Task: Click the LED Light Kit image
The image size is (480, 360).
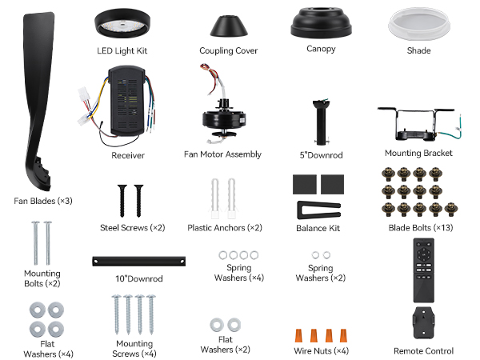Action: click(122, 24)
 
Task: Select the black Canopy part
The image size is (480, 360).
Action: click(321, 23)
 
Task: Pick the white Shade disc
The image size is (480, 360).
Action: click(418, 25)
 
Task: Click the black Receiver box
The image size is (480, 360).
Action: click(127, 101)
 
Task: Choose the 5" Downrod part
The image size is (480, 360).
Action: click(321, 122)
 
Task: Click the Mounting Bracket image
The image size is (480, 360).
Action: click(419, 124)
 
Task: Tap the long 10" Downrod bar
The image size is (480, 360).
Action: click(138, 261)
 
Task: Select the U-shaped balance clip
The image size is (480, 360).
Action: click(318, 210)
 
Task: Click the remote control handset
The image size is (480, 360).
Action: click(423, 270)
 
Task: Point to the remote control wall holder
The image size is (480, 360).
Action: click(424, 323)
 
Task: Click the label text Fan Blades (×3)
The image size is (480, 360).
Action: click(43, 201)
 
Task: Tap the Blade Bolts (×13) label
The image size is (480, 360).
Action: click(421, 228)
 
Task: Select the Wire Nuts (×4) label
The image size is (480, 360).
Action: click(321, 351)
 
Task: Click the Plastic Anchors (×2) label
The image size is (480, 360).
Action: click(225, 228)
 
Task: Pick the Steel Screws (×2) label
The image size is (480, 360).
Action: click(133, 228)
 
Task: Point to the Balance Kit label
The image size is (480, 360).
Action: click(318, 228)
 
